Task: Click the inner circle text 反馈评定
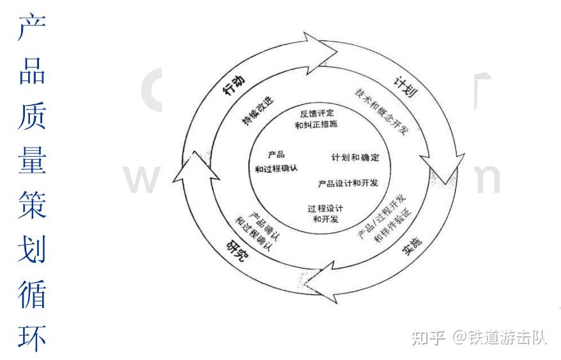(x=316, y=113)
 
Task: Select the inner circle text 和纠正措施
(x=316, y=125)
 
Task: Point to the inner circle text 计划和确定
(x=355, y=157)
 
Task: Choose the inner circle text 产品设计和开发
(x=348, y=184)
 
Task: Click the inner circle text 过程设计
(x=325, y=208)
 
